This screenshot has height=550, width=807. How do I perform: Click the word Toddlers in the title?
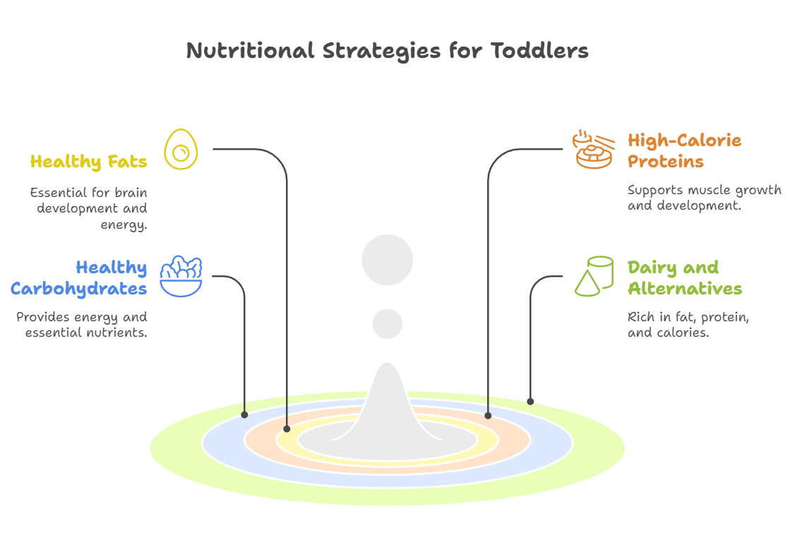539,50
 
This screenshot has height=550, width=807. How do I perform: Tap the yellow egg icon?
181,149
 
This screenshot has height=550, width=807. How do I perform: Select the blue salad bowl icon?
181,276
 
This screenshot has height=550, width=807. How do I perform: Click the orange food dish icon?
593,149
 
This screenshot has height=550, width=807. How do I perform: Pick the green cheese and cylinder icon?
594,276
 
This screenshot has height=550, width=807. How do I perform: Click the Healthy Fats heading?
88,162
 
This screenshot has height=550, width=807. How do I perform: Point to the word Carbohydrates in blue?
79,289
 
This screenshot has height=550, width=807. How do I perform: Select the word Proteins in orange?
666,162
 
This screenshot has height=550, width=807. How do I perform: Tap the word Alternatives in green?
685,289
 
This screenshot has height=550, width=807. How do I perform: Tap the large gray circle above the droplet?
387,260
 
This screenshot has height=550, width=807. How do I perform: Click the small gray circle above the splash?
387,324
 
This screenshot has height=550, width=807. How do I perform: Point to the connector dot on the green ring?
530,401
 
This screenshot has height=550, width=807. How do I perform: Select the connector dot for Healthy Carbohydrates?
244,414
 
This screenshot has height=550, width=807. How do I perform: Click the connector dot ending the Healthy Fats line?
287,429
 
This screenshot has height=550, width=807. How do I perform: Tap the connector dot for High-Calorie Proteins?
488,415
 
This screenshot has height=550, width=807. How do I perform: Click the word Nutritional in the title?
250,50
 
